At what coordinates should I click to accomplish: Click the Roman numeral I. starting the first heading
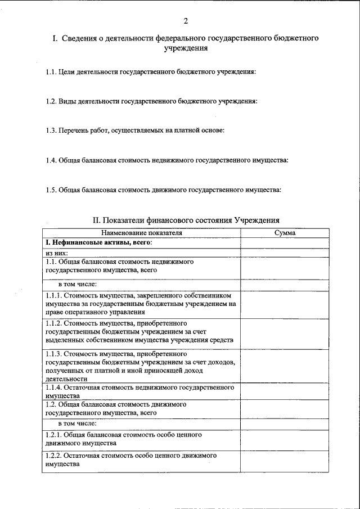coord(55,38)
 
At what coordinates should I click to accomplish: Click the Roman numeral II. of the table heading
coord(97,220)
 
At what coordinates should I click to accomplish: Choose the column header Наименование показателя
coord(141,232)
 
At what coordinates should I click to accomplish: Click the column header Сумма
coord(285,232)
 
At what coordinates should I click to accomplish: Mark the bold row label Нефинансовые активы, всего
coord(101,242)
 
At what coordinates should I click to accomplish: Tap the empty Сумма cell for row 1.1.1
coord(285,304)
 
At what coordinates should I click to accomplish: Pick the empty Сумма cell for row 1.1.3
coord(285,366)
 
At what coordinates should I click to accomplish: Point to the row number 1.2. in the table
coord(51,404)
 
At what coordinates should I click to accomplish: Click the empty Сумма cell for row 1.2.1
coord(285,439)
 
